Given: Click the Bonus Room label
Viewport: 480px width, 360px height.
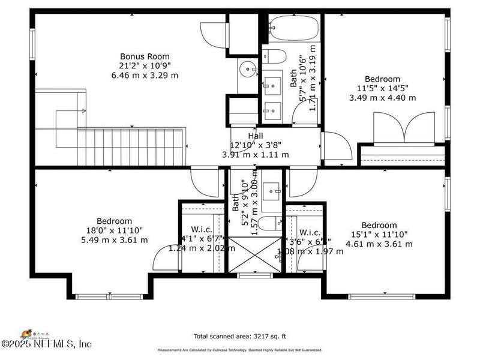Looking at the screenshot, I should pyautogui.click(x=145, y=56).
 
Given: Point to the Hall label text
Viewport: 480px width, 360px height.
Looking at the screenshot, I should pyautogui.click(x=256, y=136).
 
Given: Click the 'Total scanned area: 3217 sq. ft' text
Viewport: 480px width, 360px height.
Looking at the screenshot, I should pyautogui.click(x=240, y=336).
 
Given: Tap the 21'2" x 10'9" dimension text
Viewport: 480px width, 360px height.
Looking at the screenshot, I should pyautogui.click(x=145, y=66).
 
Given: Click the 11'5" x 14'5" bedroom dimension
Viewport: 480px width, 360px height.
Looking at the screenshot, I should pyautogui.click(x=383, y=88).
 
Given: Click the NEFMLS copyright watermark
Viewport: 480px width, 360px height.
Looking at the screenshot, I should pyautogui.click(x=46, y=344).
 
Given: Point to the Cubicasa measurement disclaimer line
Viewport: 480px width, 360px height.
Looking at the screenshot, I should pyautogui.click(x=240, y=350).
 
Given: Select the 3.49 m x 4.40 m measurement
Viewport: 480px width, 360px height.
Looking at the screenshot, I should pyautogui.click(x=383, y=98).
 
